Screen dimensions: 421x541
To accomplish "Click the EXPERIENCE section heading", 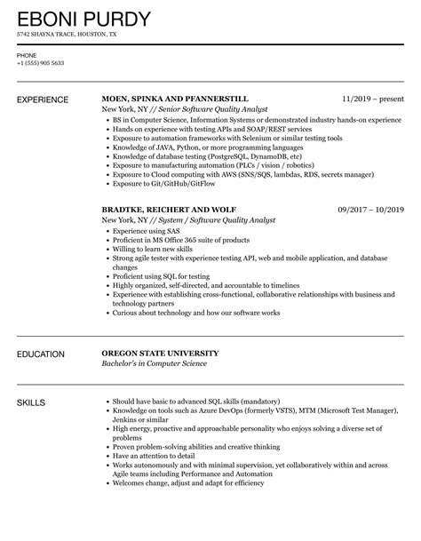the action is pos(44,100).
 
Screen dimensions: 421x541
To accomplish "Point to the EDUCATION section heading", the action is pos(41,354).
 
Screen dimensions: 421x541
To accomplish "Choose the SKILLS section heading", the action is pos(33,403).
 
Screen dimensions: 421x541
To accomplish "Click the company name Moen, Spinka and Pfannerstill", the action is pos(172,99).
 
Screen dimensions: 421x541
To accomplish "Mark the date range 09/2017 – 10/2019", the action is pos(369,209).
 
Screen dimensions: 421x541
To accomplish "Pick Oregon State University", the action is pos(160,354).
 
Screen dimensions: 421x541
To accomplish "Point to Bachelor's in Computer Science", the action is pos(154,363).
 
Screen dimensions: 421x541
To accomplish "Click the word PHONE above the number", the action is pos(26,54).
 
